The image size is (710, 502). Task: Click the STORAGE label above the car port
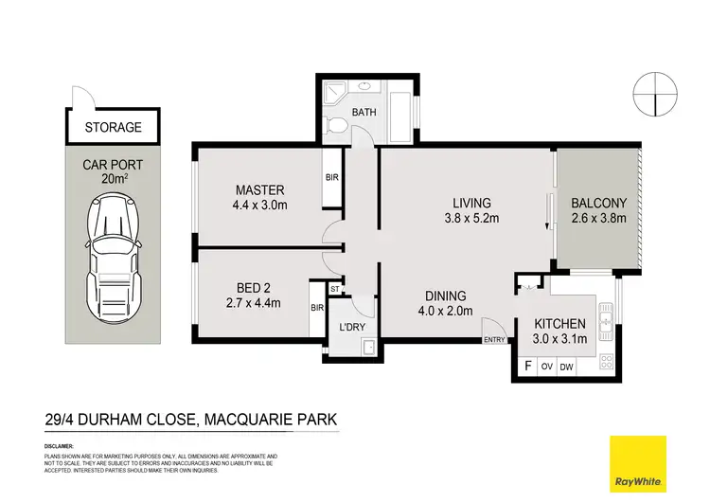[112, 127]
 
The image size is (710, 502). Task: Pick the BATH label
[364, 113]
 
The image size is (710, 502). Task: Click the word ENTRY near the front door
[494, 340]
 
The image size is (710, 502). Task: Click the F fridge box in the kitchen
[527, 366]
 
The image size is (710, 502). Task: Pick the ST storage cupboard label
[335, 289]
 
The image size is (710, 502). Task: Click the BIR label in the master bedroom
[331, 177]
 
